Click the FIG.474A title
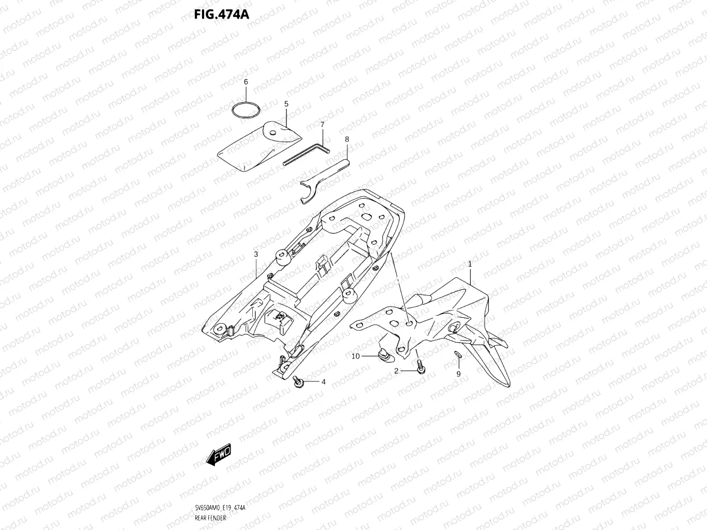coord(222,14)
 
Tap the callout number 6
coord(246,82)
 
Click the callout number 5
coord(286,104)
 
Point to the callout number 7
coord(322,125)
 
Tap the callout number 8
coord(347,139)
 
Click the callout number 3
coord(256,254)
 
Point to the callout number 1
coord(470,264)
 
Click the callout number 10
coord(355,356)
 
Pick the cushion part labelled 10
coord(384,356)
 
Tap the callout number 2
coord(396,371)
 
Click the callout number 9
coord(458,374)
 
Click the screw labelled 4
coord(299,382)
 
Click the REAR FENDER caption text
coord(211,518)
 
